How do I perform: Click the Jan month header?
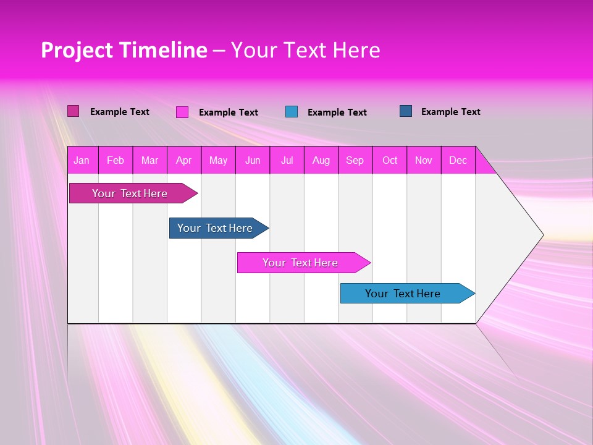click(82, 160)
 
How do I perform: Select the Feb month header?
click(116, 160)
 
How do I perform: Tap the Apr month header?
click(183, 160)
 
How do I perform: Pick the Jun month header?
click(253, 160)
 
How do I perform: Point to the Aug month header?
click(321, 160)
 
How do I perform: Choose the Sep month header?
click(355, 160)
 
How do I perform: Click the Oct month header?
click(390, 160)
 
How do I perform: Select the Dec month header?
click(458, 160)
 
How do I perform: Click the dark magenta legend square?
click(73, 111)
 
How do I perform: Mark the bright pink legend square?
click(182, 112)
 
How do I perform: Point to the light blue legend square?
click(292, 112)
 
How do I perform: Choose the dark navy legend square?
click(406, 111)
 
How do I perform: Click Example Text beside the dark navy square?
click(450, 111)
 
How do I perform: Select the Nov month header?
click(424, 160)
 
